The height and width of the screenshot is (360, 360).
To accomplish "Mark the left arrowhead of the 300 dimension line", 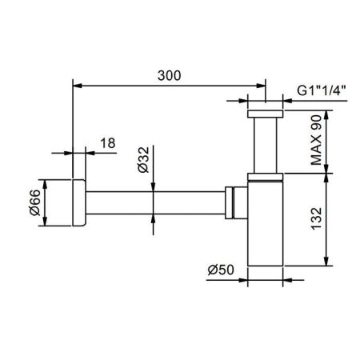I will pyautogui.click(x=76, y=83).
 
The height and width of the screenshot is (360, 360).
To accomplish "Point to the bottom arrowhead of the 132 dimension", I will pyautogui.click(x=326, y=262).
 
